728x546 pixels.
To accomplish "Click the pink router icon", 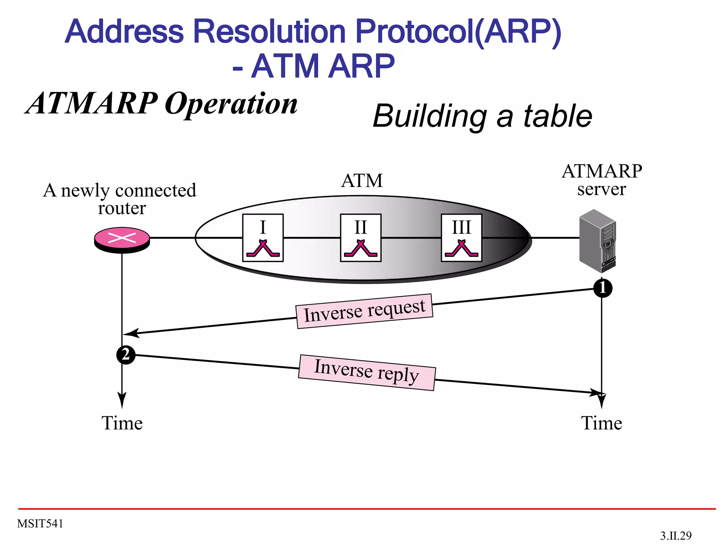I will click(x=122, y=239).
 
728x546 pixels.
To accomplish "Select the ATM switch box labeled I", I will click(x=263, y=237).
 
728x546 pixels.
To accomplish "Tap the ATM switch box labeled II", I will click(x=360, y=237).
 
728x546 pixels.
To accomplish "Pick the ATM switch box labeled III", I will click(x=461, y=237).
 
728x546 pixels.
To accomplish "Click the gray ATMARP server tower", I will click(x=598, y=240).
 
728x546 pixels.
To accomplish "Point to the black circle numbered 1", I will click(x=603, y=288).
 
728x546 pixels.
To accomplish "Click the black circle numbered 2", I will click(x=126, y=355).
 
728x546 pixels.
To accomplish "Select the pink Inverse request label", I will click(x=364, y=311).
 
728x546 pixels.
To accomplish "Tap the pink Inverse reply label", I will click(x=367, y=372).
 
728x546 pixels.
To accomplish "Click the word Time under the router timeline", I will click(x=122, y=423).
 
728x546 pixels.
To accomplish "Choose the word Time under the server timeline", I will click(x=601, y=423).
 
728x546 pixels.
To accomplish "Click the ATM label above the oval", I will click(x=362, y=181).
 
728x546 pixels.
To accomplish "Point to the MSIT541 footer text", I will click(x=40, y=524).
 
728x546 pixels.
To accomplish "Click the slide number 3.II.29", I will click(x=676, y=536).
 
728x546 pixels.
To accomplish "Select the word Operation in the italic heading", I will click(x=231, y=104).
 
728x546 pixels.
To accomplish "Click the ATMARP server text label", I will click(x=601, y=180).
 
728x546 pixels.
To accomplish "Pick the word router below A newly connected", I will click(x=122, y=208).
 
